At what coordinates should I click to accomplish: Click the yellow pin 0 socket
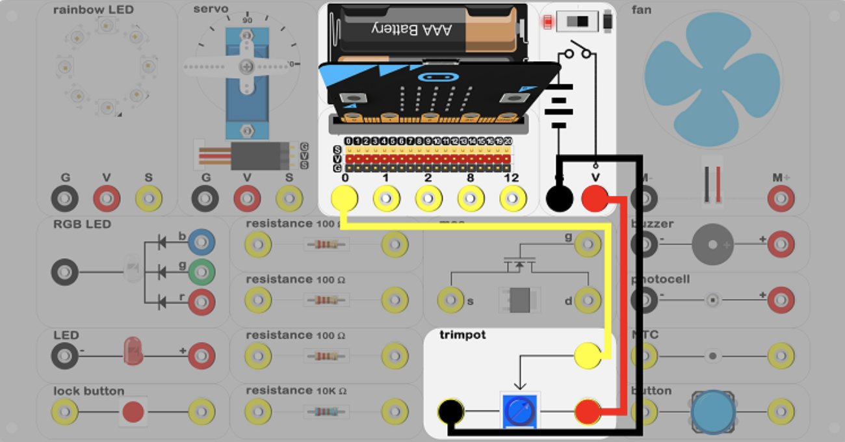click(x=344, y=198)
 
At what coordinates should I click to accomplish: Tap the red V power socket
click(x=595, y=198)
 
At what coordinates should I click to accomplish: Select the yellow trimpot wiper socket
click(x=588, y=356)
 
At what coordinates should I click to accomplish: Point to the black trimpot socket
click(x=450, y=411)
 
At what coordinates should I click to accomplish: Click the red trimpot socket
click(x=588, y=411)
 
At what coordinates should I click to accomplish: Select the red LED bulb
click(x=133, y=351)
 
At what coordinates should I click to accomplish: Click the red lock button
click(x=133, y=411)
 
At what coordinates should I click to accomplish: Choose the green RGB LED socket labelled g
click(x=201, y=272)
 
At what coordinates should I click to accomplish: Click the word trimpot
click(x=462, y=335)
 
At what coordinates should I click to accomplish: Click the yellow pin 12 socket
click(x=513, y=198)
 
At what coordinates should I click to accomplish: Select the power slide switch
click(x=577, y=22)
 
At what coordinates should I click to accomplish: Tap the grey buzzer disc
click(x=712, y=244)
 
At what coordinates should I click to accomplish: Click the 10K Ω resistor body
click(x=326, y=411)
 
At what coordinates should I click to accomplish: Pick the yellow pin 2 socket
click(x=428, y=198)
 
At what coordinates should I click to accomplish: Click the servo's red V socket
click(x=247, y=198)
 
